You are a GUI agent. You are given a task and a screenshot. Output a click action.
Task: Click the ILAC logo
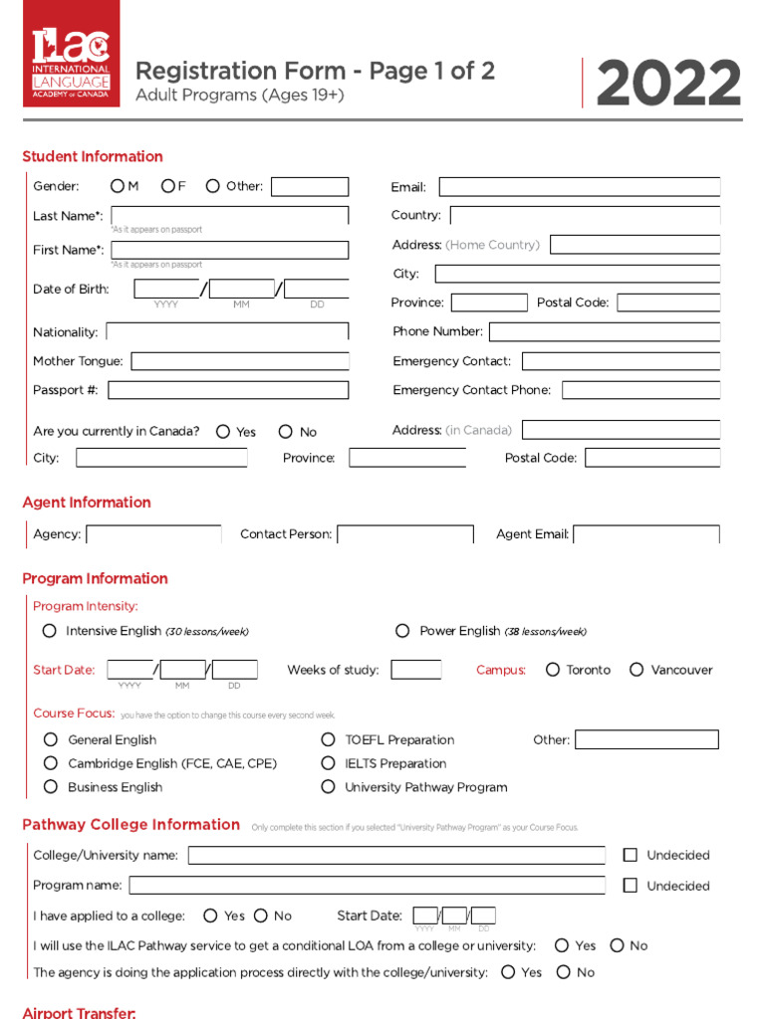point(71,54)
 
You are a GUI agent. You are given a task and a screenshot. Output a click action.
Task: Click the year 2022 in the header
point(668,85)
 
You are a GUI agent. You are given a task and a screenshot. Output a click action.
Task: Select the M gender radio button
point(118,186)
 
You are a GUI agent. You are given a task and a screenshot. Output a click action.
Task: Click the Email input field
point(579,187)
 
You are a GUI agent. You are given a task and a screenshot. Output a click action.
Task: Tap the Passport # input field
point(228,390)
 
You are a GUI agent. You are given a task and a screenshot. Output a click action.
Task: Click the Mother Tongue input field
point(239,361)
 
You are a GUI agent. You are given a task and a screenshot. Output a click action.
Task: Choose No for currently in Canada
point(286,432)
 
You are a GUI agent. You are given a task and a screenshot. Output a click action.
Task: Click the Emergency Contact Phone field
point(640,390)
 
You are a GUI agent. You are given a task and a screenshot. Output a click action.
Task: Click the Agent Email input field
point(645,534)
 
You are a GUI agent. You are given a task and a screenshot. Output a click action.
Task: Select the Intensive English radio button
point(50,631)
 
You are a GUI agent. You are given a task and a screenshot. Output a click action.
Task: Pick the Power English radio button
point(402,631)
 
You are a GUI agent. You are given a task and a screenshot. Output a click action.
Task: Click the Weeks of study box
point(415,670)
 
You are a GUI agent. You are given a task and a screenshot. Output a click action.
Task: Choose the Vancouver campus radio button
point(637,670)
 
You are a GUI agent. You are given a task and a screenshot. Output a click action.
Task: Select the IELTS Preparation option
point(328,763)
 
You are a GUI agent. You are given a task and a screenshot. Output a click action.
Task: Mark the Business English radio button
point(51,787)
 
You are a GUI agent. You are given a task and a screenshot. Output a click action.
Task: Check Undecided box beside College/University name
point(630,855)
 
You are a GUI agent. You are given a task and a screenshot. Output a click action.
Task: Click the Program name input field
point(367,886)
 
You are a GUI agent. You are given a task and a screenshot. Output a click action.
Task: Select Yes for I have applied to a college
point(210,916)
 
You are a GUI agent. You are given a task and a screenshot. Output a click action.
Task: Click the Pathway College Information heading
point(130,825)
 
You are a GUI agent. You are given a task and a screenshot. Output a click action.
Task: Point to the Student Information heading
point(93,156)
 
